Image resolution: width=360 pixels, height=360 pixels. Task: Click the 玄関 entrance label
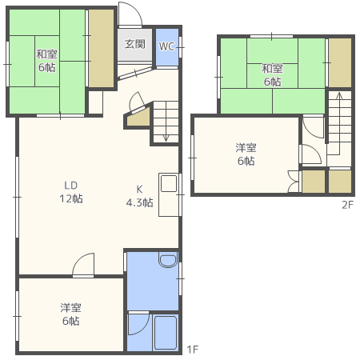click(x=135, y=44)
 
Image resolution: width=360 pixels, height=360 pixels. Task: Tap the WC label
click(x=166, y=46)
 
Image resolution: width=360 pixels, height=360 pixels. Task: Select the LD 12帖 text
click(x=71, y=192)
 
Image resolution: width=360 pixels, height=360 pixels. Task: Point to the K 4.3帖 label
click(x=139, y=196)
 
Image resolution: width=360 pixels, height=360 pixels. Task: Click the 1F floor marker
click(x=192, y=349)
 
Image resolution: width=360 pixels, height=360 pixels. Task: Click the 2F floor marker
click(x=347, y=205)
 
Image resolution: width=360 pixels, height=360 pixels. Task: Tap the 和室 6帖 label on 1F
click(x=47, y=61)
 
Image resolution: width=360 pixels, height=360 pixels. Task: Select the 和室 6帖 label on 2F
click(x=272, y=75)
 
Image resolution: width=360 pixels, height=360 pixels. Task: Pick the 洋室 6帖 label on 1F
click(x=70, y=314)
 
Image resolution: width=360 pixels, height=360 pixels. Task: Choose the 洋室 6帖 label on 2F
click(x=246, y=154)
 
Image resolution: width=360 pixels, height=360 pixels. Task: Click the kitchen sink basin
click(x=169, y=183)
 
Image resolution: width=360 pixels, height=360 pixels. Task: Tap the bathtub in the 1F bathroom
click(x=166, y=333)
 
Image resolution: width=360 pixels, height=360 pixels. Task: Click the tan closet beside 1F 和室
click(x=101, y=48)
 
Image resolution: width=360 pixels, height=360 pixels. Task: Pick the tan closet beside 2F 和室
click(x=340, y=62)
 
